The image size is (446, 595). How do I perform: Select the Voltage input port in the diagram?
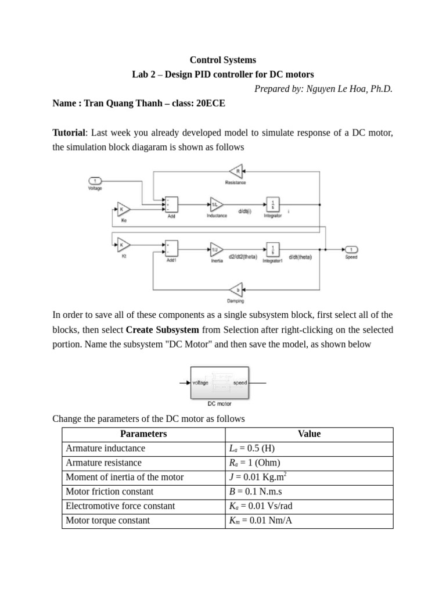coord(95,181)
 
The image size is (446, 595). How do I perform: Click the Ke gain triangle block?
coord(124,209)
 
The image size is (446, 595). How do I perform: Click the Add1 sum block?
coord(171,248)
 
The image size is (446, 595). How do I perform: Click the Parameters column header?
coord(143,434)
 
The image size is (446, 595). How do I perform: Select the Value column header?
coord(309,434)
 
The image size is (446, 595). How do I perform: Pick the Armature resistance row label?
coord(103,463)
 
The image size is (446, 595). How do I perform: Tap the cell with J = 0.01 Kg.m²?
coord(258,477)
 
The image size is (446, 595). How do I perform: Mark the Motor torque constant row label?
coord(107,521)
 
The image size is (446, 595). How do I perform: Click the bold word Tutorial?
coord(69,133)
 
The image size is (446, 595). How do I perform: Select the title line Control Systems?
coord(223,60)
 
